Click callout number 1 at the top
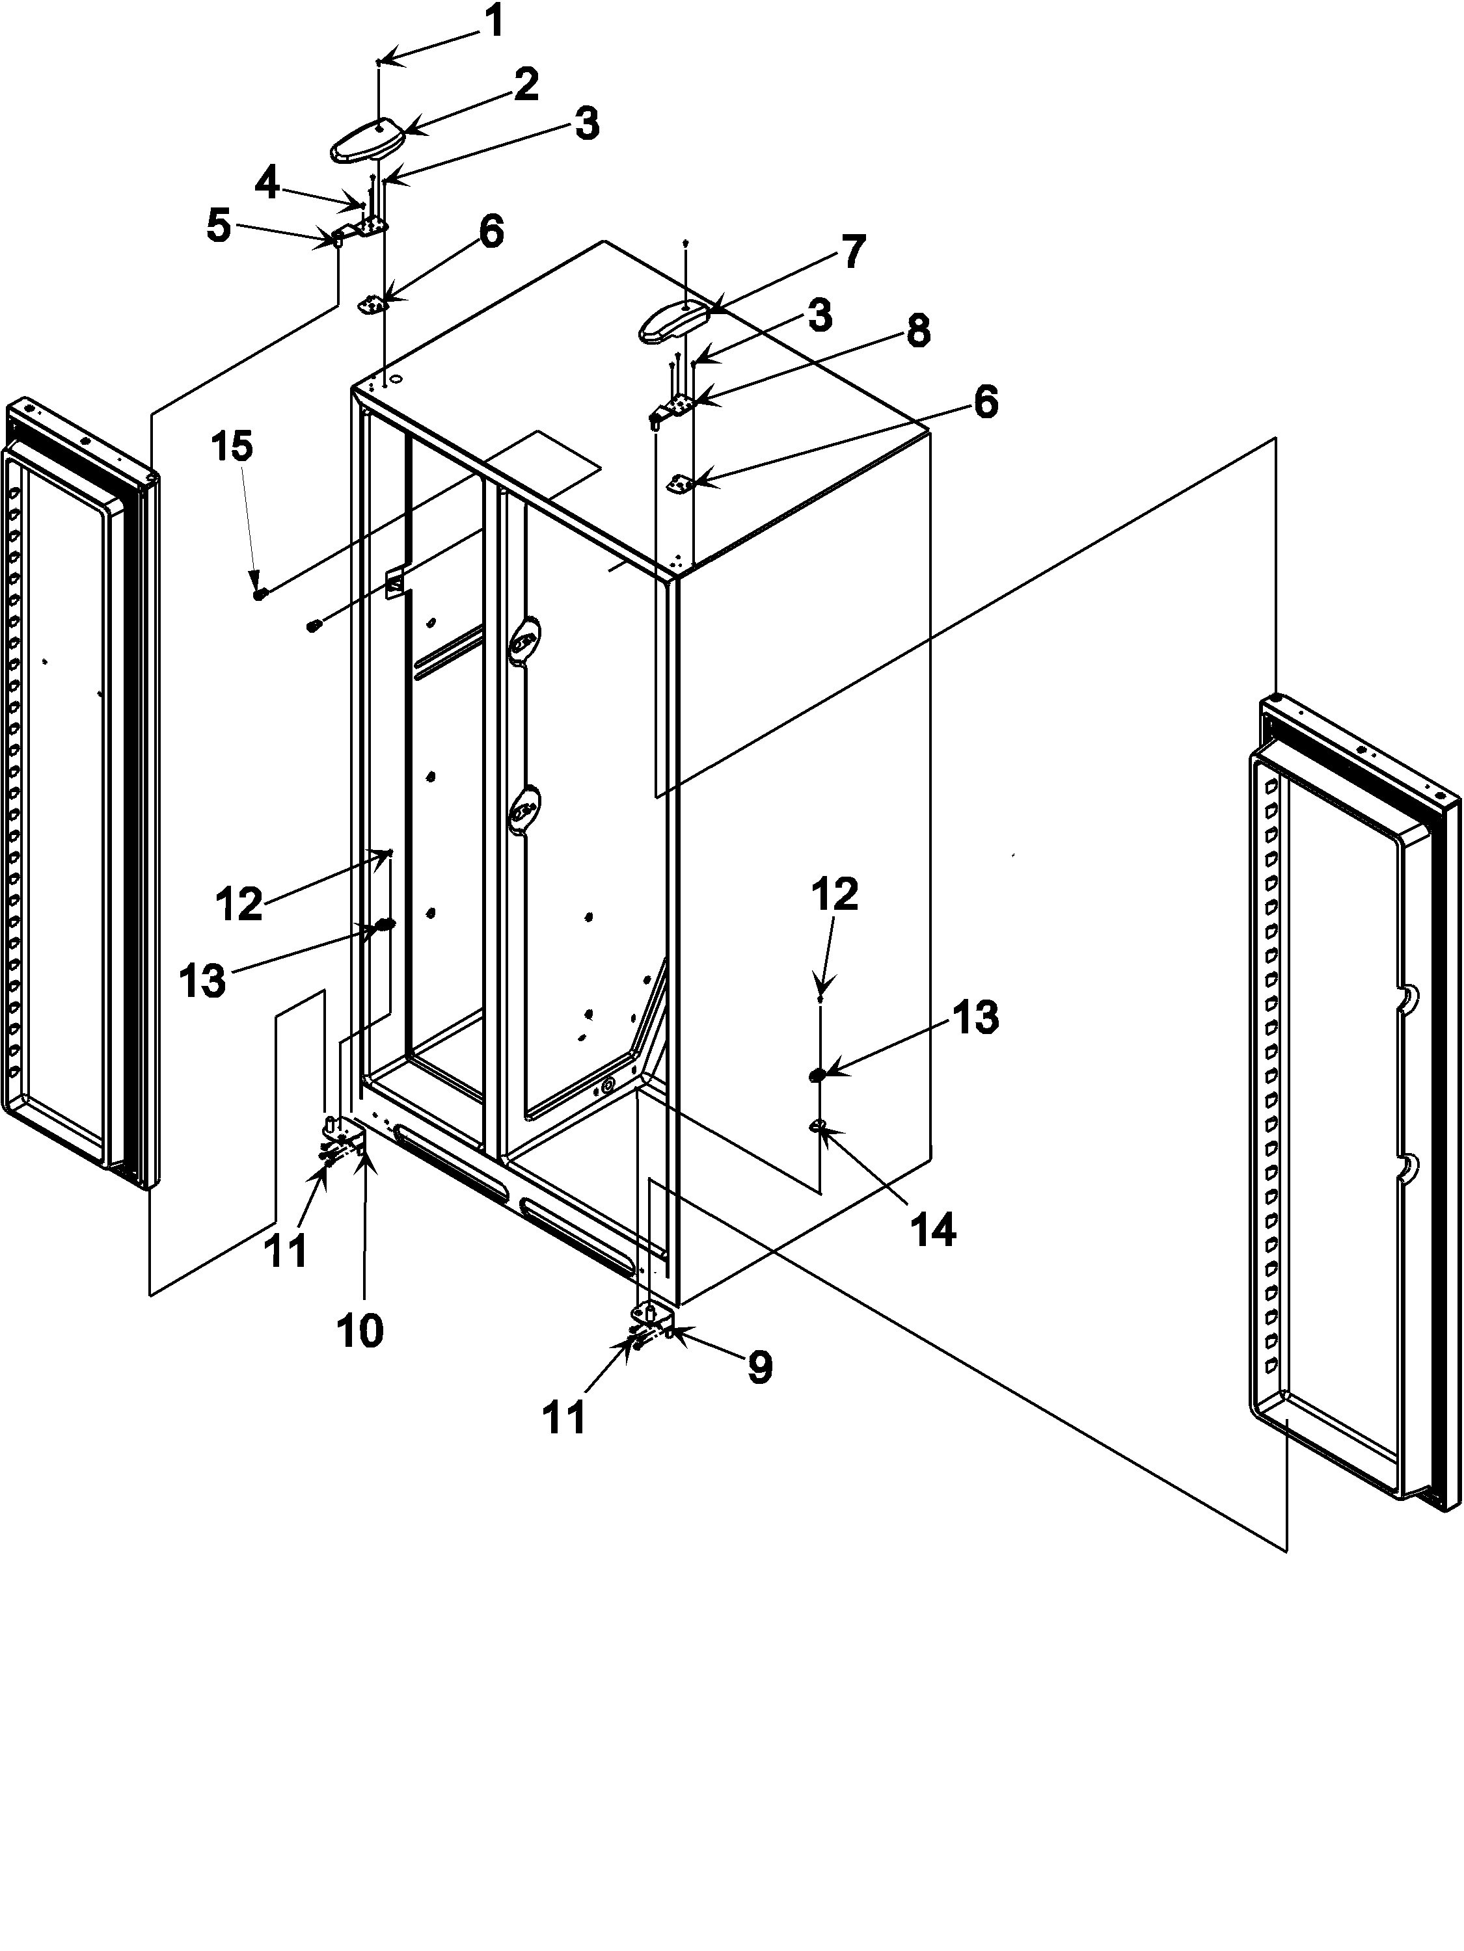[495, 21]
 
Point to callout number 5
[218, 227]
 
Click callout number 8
[917, 332]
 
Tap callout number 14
[934, 1230]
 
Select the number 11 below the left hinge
[287, 1250]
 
